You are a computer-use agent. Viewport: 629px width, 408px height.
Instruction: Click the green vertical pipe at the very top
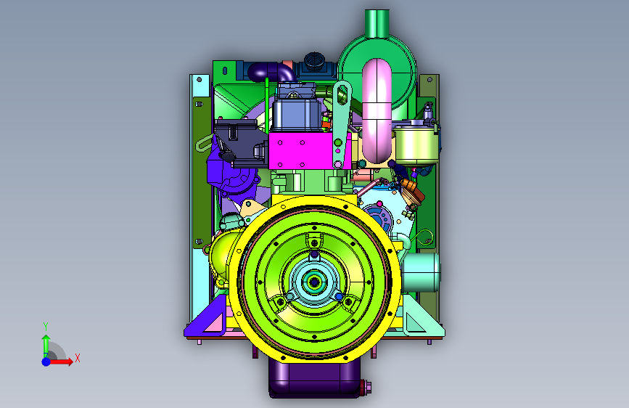pyautogui.click(x=377, y=23)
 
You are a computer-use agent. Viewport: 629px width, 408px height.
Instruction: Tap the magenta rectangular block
pyautogui.click(x=301, y=150)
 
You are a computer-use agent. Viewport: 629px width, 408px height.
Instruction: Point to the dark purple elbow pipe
pyautogui.click(x=271, y=71)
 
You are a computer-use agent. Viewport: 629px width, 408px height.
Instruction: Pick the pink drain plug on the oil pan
pyautogui.click(x=366, y=387)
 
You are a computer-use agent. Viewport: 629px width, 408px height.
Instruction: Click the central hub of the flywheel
pyautogui.click(x=314, y=282)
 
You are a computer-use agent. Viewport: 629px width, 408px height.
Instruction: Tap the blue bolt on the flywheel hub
pyautogui.click(x=339, y=297)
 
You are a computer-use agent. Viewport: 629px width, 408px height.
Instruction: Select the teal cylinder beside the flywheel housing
pyautogui.click(x=421, y=272)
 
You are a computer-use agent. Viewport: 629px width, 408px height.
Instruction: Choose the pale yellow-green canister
pyautogui.click(x=415, y=144)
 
